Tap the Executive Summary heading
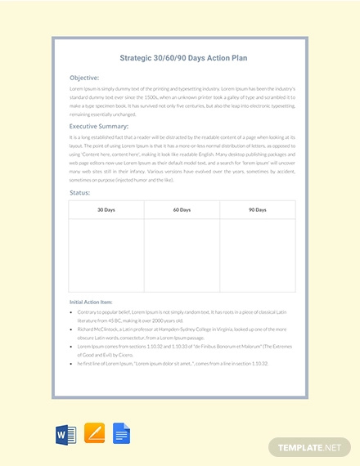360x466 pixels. click(99, 127)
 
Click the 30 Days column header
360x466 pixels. click(106, 210)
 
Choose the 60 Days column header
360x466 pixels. click(182, 210)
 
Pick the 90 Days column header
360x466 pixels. click(256, 210)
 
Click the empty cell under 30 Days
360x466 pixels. click(106, 253)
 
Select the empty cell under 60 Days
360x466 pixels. click(182, 253)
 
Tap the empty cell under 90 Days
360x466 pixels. click(256, 253)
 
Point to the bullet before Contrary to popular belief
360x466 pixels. click(72, 313)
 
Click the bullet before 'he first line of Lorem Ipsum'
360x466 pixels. click(72, 362)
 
